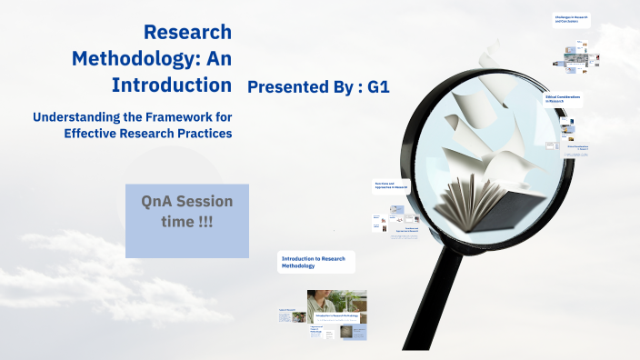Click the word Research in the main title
point(187,33)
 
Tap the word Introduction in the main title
point(171,85)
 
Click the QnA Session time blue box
point(186,219)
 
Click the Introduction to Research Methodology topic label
point(315,263)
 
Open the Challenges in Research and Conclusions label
point(571,19)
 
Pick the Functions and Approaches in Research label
point(392,186)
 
